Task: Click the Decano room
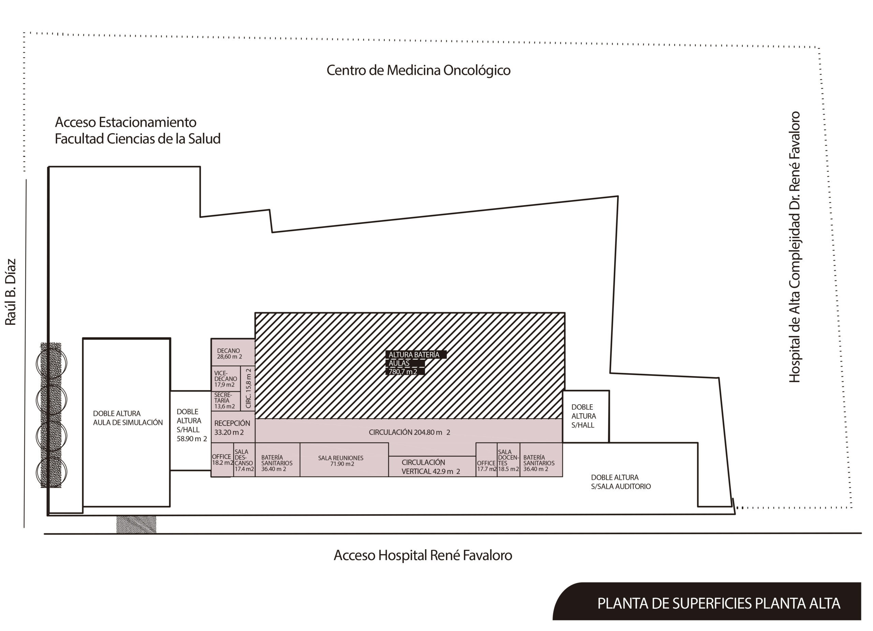233,352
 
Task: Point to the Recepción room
233,427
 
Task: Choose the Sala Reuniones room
344,460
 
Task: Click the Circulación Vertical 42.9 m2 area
432,467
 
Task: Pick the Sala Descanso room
244,460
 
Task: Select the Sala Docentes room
508,460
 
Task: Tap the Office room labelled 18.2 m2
222,460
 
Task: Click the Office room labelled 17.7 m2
487,460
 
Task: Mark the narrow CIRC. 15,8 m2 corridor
248,388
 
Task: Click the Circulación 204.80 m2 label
409,432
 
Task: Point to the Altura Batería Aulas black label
416,363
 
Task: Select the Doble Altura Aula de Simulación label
128,418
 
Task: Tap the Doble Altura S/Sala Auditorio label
621,482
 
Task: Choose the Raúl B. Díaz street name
11,292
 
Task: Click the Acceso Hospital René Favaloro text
423,556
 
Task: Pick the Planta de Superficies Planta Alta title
719,603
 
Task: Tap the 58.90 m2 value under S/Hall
192,439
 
